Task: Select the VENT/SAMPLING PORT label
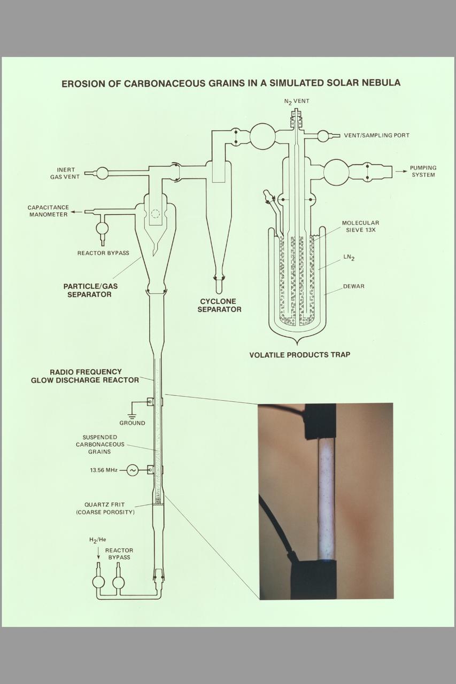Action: tap(376, 136)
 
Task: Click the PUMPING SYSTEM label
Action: tap(423, 172)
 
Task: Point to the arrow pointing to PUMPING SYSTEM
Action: tap(400, 172)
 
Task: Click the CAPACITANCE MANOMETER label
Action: tap(48, 211)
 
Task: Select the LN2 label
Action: tap(349, 259)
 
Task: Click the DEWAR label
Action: tap(353, 286)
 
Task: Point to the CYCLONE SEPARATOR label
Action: tap(219, 306)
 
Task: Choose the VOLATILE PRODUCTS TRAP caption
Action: tap(299, 355)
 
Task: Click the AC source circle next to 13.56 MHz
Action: tap(133, 470)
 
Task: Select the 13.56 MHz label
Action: tap(104, 470)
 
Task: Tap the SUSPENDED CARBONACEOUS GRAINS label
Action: tap(100, 444)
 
